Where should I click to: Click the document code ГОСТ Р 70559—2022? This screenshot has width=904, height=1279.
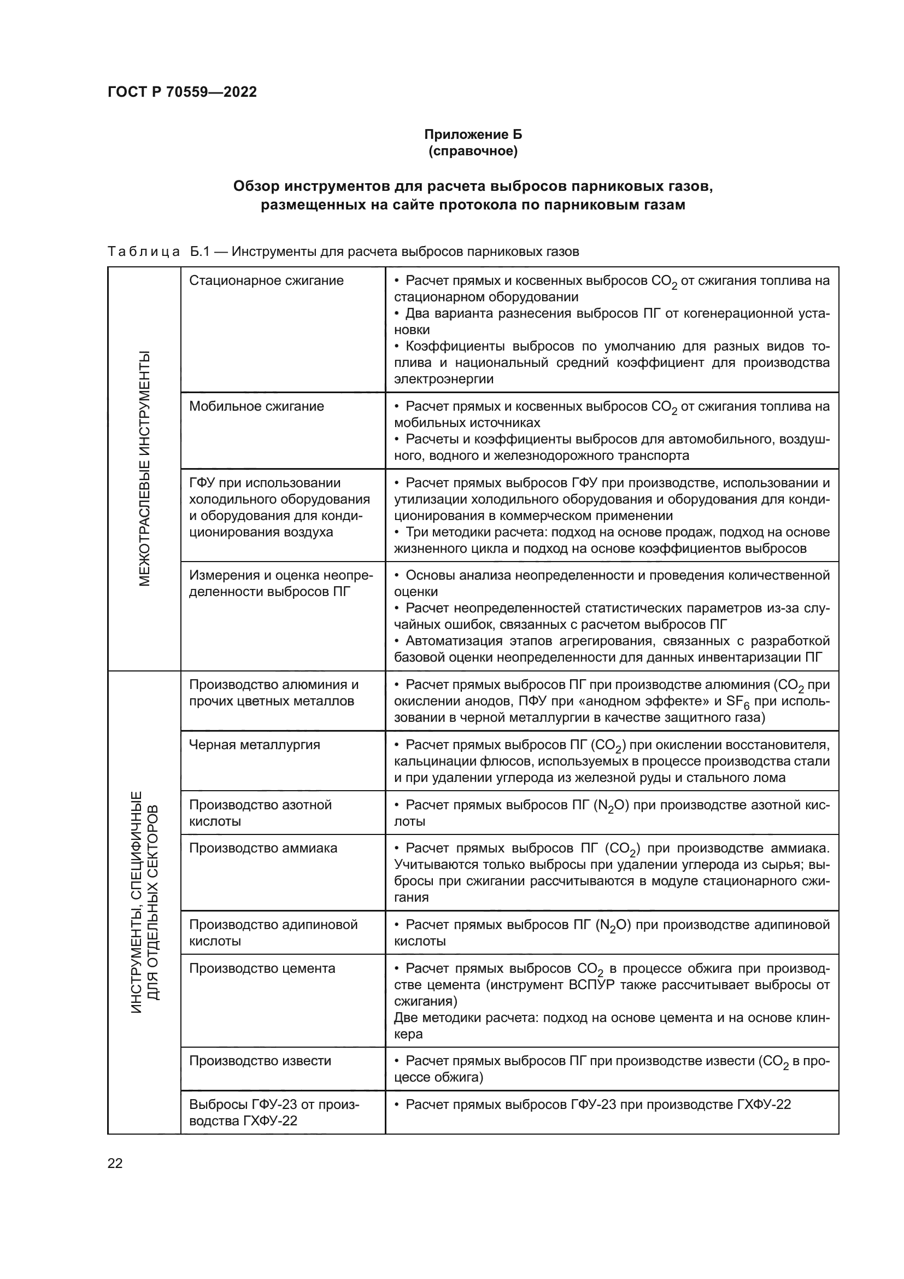[x=182, y=92]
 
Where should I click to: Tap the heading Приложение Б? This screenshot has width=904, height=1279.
[x=473, y=135]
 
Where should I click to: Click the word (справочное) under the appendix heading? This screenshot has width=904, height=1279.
[x=473, y=151]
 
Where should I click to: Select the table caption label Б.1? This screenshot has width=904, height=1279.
[x=199, y=252]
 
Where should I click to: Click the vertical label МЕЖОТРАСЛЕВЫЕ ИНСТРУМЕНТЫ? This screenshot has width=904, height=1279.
[x=144, y=469]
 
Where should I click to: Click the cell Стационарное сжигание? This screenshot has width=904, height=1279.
[x=266, y=280]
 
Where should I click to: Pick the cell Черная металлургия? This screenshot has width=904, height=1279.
[x=254, y=745]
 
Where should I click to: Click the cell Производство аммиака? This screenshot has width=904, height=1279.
[x=263, y=849]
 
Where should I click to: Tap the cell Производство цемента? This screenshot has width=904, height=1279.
[x=262, y=968]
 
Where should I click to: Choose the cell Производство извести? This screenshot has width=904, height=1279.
[x=260, y=1061]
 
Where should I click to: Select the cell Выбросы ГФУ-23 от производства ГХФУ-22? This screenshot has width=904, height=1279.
[x=274, y=1112]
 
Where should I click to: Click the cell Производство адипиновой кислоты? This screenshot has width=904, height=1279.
[x=273, y=933]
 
